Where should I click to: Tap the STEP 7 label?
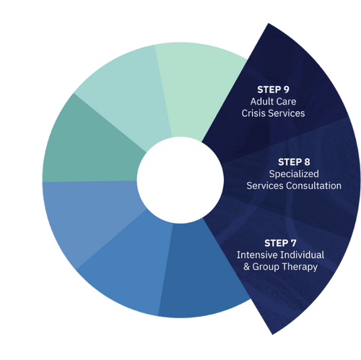tap(281, 242)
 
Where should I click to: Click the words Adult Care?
tap(274, 102)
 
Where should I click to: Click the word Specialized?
tap(294, 174)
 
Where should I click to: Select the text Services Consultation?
tap(294, 186)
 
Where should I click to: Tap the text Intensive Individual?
tap(281, 255)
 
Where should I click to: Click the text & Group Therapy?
tap(281, 267)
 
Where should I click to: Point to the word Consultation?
tap(315, 186)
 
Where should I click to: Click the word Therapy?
tap(302, 267)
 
